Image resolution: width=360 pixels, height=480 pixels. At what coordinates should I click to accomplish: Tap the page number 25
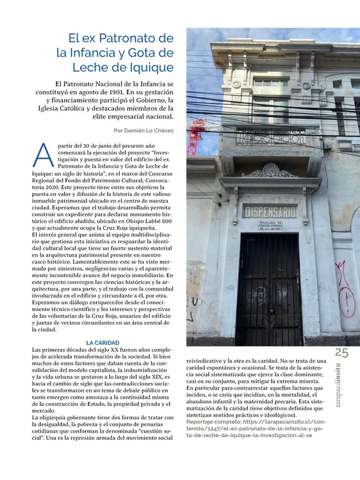pyautogui.click(x=341, y=353)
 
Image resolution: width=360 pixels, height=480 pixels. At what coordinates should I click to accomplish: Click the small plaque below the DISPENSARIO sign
pyautogui.click(x=270, y=225)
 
